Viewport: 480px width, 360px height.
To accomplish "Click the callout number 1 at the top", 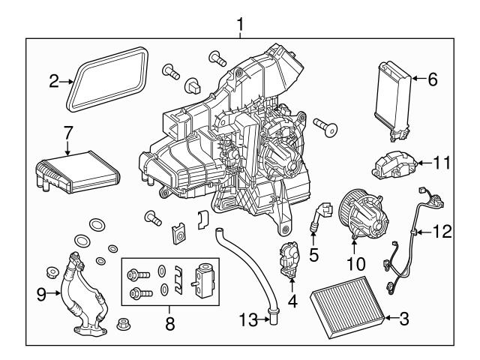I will point(240,25).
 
